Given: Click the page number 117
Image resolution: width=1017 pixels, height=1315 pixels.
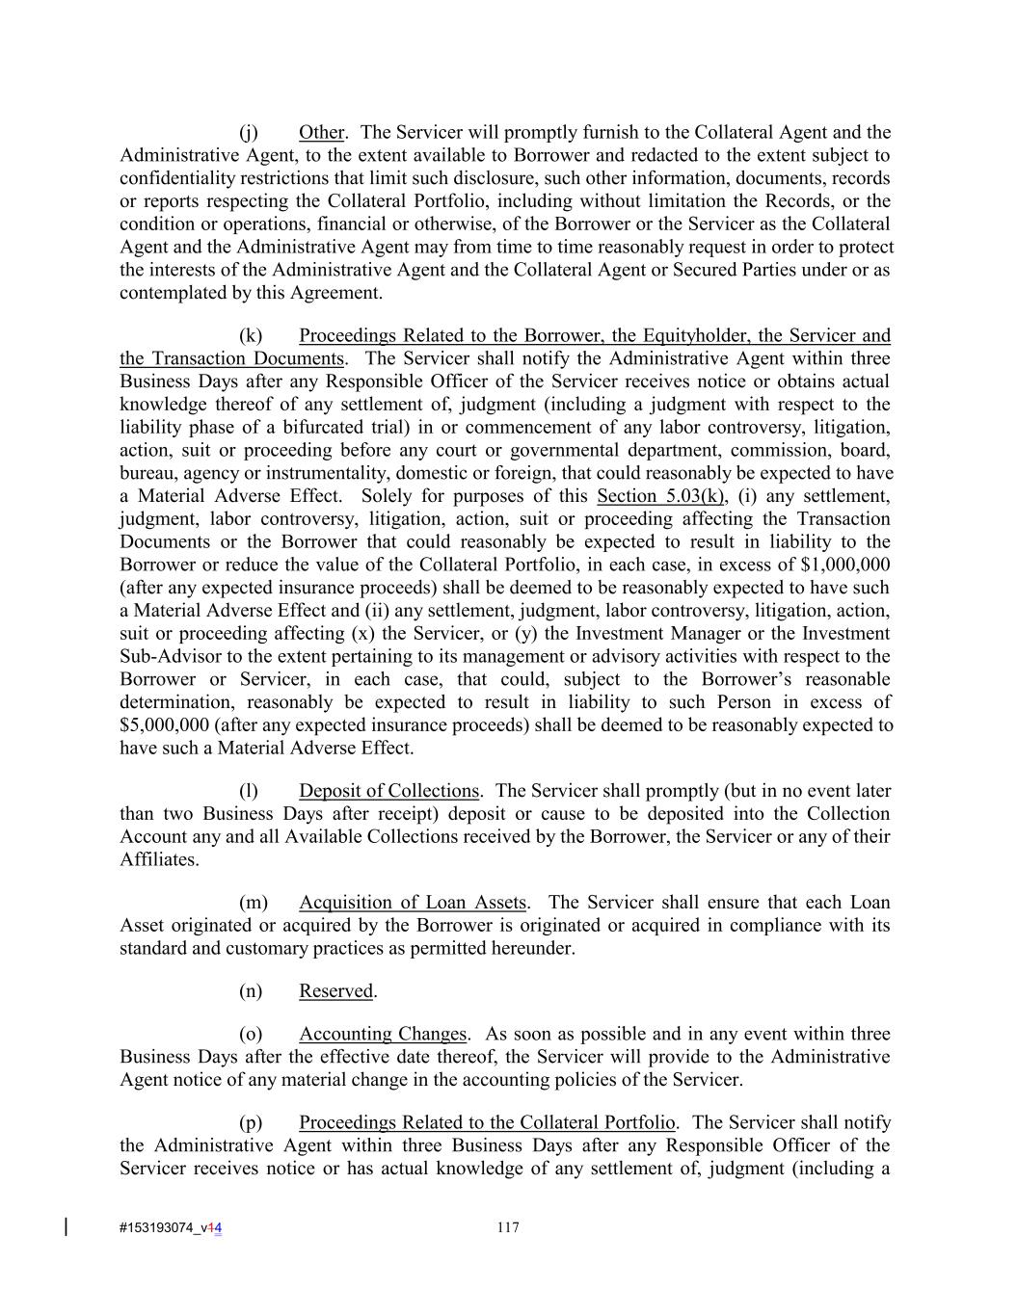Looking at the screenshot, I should point(508,1227).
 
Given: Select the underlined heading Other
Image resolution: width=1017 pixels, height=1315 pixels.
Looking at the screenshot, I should point(321,132).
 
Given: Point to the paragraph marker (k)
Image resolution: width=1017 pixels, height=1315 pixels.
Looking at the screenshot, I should point(250,335).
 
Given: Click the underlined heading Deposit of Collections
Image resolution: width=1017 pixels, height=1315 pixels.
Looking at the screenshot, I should point(388,791).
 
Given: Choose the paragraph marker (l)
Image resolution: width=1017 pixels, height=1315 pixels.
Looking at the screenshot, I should point(249,791).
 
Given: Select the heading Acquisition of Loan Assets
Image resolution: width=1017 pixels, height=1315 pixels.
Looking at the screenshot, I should point(413,903).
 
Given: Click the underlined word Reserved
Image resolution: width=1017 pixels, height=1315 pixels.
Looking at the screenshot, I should point(335,991).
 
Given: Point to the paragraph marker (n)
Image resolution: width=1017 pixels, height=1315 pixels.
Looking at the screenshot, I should point(250,991).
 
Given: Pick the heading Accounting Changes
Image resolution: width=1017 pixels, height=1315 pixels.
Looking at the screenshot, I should point(383,1034).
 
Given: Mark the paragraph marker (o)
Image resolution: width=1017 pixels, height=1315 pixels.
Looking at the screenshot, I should point(250,1034).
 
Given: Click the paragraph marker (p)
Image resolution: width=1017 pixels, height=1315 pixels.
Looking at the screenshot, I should point(250,1122).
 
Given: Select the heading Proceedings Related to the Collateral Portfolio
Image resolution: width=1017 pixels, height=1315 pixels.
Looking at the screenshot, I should point(487,1122).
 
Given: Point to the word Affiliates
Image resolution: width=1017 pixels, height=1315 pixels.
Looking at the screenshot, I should point(159,859).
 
